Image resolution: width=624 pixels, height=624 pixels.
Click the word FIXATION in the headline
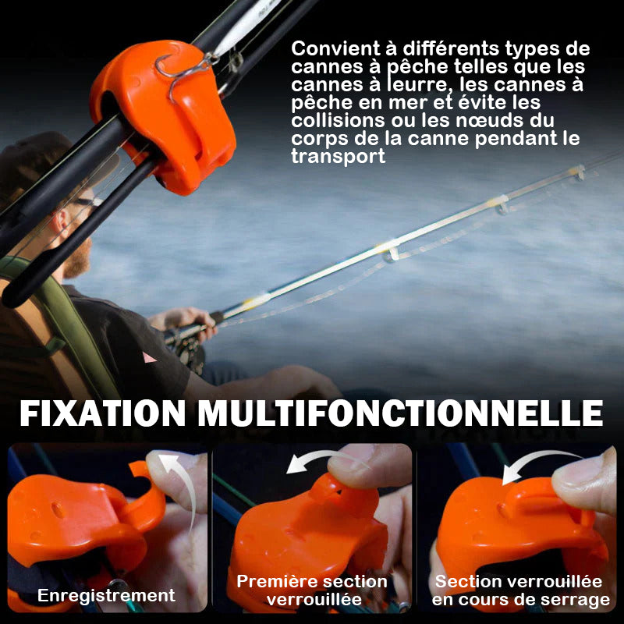pos(103,413)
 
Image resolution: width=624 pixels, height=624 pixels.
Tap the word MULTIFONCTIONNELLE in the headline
pos(400,413)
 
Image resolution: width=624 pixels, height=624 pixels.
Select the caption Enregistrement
pos(106,595)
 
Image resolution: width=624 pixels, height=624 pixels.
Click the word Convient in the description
pos(336,49)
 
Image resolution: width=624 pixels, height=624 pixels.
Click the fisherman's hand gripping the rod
pos(185,322)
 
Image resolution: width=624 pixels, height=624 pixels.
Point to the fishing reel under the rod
pos(186,350)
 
